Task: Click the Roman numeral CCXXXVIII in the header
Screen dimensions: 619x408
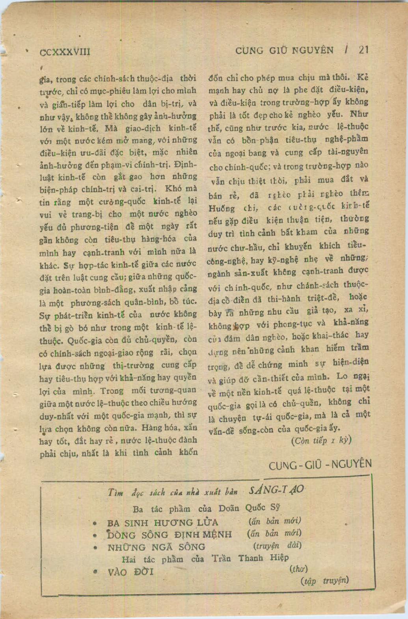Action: [65, 52]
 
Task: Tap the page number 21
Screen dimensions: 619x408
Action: [363, 50]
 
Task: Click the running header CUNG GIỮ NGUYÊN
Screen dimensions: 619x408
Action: [284, 50]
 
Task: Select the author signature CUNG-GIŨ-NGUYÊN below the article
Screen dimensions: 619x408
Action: [320, 465]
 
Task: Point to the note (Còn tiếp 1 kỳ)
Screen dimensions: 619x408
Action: [321, 440]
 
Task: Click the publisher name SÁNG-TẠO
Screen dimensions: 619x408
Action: [276, 490]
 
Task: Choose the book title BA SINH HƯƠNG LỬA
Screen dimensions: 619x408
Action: [162, 523]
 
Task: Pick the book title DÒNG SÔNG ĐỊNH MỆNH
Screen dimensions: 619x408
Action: [170, 535]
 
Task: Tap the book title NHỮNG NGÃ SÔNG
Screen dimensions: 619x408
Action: [156, 547]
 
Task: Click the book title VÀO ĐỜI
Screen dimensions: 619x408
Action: [128, 572]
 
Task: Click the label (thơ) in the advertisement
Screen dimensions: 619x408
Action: [298, 569]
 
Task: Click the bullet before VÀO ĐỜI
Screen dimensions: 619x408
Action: [95, 572]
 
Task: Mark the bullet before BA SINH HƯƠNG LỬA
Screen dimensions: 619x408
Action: [95, 524]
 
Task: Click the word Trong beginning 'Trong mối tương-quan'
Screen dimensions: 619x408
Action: [112, 391]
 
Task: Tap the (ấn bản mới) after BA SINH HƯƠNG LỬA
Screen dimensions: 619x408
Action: [275, 521]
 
